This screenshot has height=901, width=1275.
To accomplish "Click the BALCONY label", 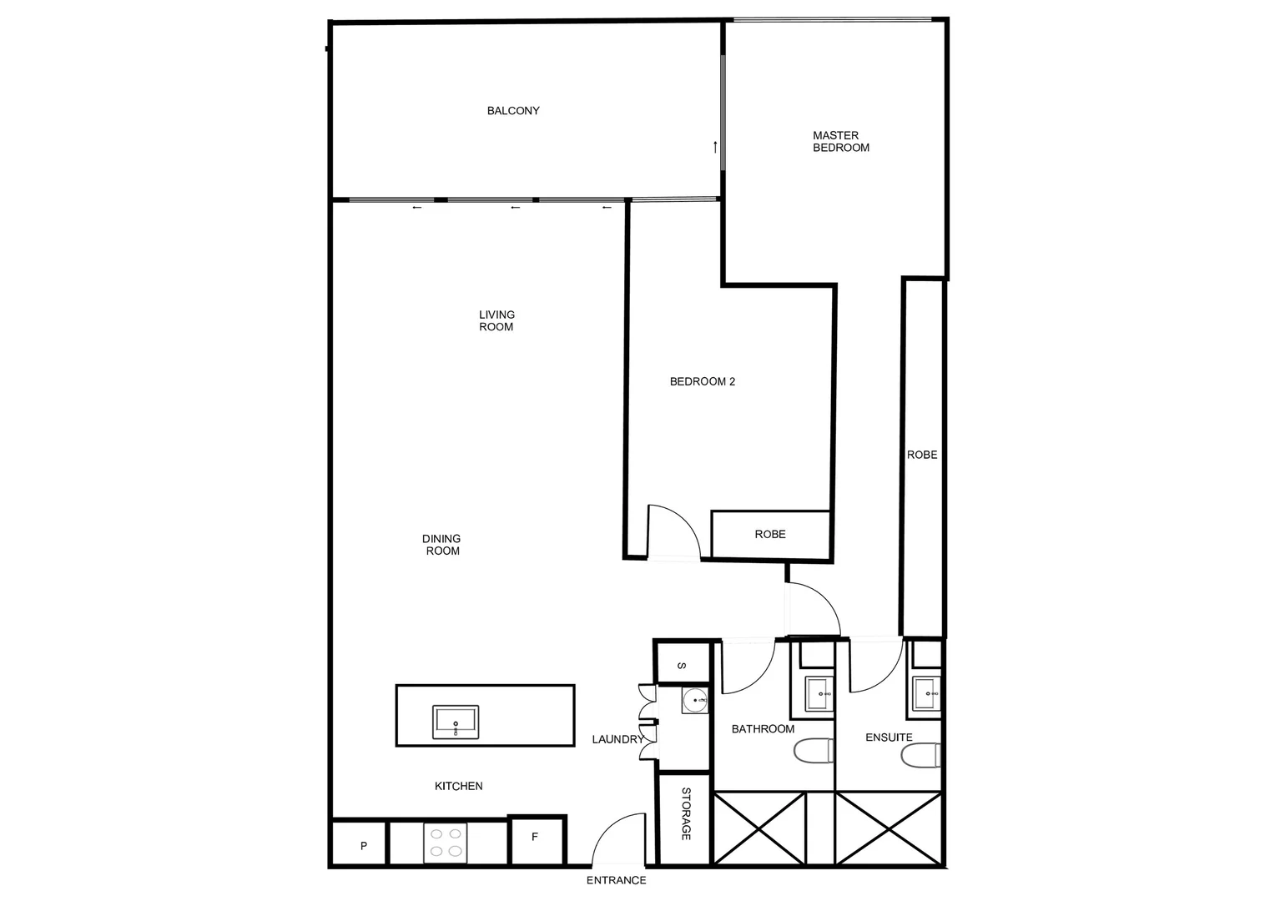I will tap(513, 110).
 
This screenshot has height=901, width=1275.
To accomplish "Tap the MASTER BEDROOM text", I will tap(841, 141).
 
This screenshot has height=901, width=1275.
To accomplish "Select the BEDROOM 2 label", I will tap(703, 381).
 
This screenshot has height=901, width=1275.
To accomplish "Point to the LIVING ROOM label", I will tap(496, 320).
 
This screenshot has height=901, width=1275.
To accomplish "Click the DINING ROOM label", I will tap(442, 545).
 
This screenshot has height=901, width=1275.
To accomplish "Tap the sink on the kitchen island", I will tap(456, 722).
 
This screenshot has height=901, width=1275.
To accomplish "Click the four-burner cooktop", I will tap(446, 843).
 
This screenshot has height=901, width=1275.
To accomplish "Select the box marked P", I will tap(363, 845).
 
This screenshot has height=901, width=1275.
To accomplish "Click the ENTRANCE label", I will tap(616, 880).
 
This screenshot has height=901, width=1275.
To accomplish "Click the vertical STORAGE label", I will tap(686, 813).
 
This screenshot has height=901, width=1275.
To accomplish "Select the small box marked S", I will tap(682, 666).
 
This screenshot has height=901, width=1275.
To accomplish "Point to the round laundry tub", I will tap(694, 702).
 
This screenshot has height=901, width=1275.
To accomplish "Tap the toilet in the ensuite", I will tap(920, 755).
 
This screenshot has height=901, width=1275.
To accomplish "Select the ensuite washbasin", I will tap(925, 693).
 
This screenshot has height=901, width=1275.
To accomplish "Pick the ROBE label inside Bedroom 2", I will tap(770, 534).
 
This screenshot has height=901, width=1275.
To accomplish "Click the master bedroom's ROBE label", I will tap(922, 455).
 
